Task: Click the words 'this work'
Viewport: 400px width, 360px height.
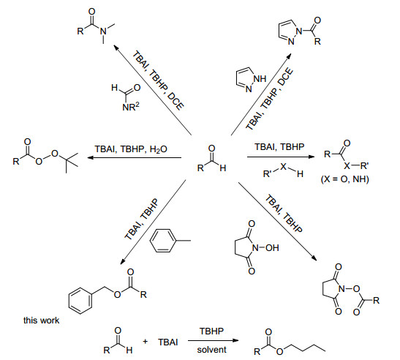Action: pyautogui.click(x=42, y=320)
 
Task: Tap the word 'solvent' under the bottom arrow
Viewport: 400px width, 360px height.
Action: pyautogui.click(x=211, y=349)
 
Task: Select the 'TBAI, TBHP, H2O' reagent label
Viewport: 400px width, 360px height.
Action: pyautogui.click(x=131, y=149)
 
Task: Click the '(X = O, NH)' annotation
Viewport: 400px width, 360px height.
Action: pyautogui.click(x=344, y=179)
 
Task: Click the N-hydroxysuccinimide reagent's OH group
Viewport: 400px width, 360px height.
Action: pyautogui.click(x=272, y=247)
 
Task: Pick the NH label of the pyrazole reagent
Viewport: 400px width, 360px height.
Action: pyautogui.click(x=260, y=78)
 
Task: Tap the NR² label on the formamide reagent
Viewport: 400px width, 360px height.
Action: pyautogui.click(x=131, y=107)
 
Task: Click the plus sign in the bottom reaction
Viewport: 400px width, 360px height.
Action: pyautogui.click(x=145, y=342)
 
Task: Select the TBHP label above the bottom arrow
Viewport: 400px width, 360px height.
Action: pyautogui.click(x=211, y=331)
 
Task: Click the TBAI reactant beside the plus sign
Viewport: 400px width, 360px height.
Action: pyautogui.click(x=168, y=342)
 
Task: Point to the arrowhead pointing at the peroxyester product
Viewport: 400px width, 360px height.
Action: pyautogui.click(x=91, y=158)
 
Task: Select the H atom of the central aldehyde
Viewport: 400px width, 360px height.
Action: pyautogui.click(x=223, y=168)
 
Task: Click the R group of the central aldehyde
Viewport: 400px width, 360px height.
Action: pyautogui.click(x=200, y=168)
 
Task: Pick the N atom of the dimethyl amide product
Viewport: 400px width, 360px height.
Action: pyautogui.click(x=103, y=31)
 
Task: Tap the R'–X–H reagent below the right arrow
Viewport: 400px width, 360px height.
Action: pyautogui.click(x=283, y=170)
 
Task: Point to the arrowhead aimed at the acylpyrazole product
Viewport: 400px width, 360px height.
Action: pyautogui.click(x=289, y=56)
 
